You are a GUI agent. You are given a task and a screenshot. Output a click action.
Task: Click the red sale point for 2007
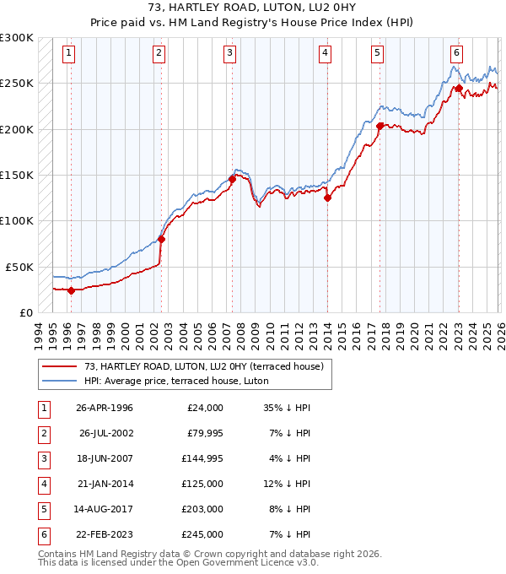click(232, 179)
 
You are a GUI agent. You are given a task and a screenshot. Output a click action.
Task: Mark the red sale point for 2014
click(327, 198)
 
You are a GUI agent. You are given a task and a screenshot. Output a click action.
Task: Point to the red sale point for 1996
click(71, 290)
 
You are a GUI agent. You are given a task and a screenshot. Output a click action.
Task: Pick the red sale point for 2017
click(379, 127)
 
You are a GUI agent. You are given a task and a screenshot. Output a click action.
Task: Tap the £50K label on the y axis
click(19, 267)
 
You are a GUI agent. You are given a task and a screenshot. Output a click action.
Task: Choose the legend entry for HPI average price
click(163, 381)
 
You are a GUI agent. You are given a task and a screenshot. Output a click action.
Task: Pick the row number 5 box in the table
click(40, 509)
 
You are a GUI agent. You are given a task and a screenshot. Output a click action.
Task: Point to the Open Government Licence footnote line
click(178, 563)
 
